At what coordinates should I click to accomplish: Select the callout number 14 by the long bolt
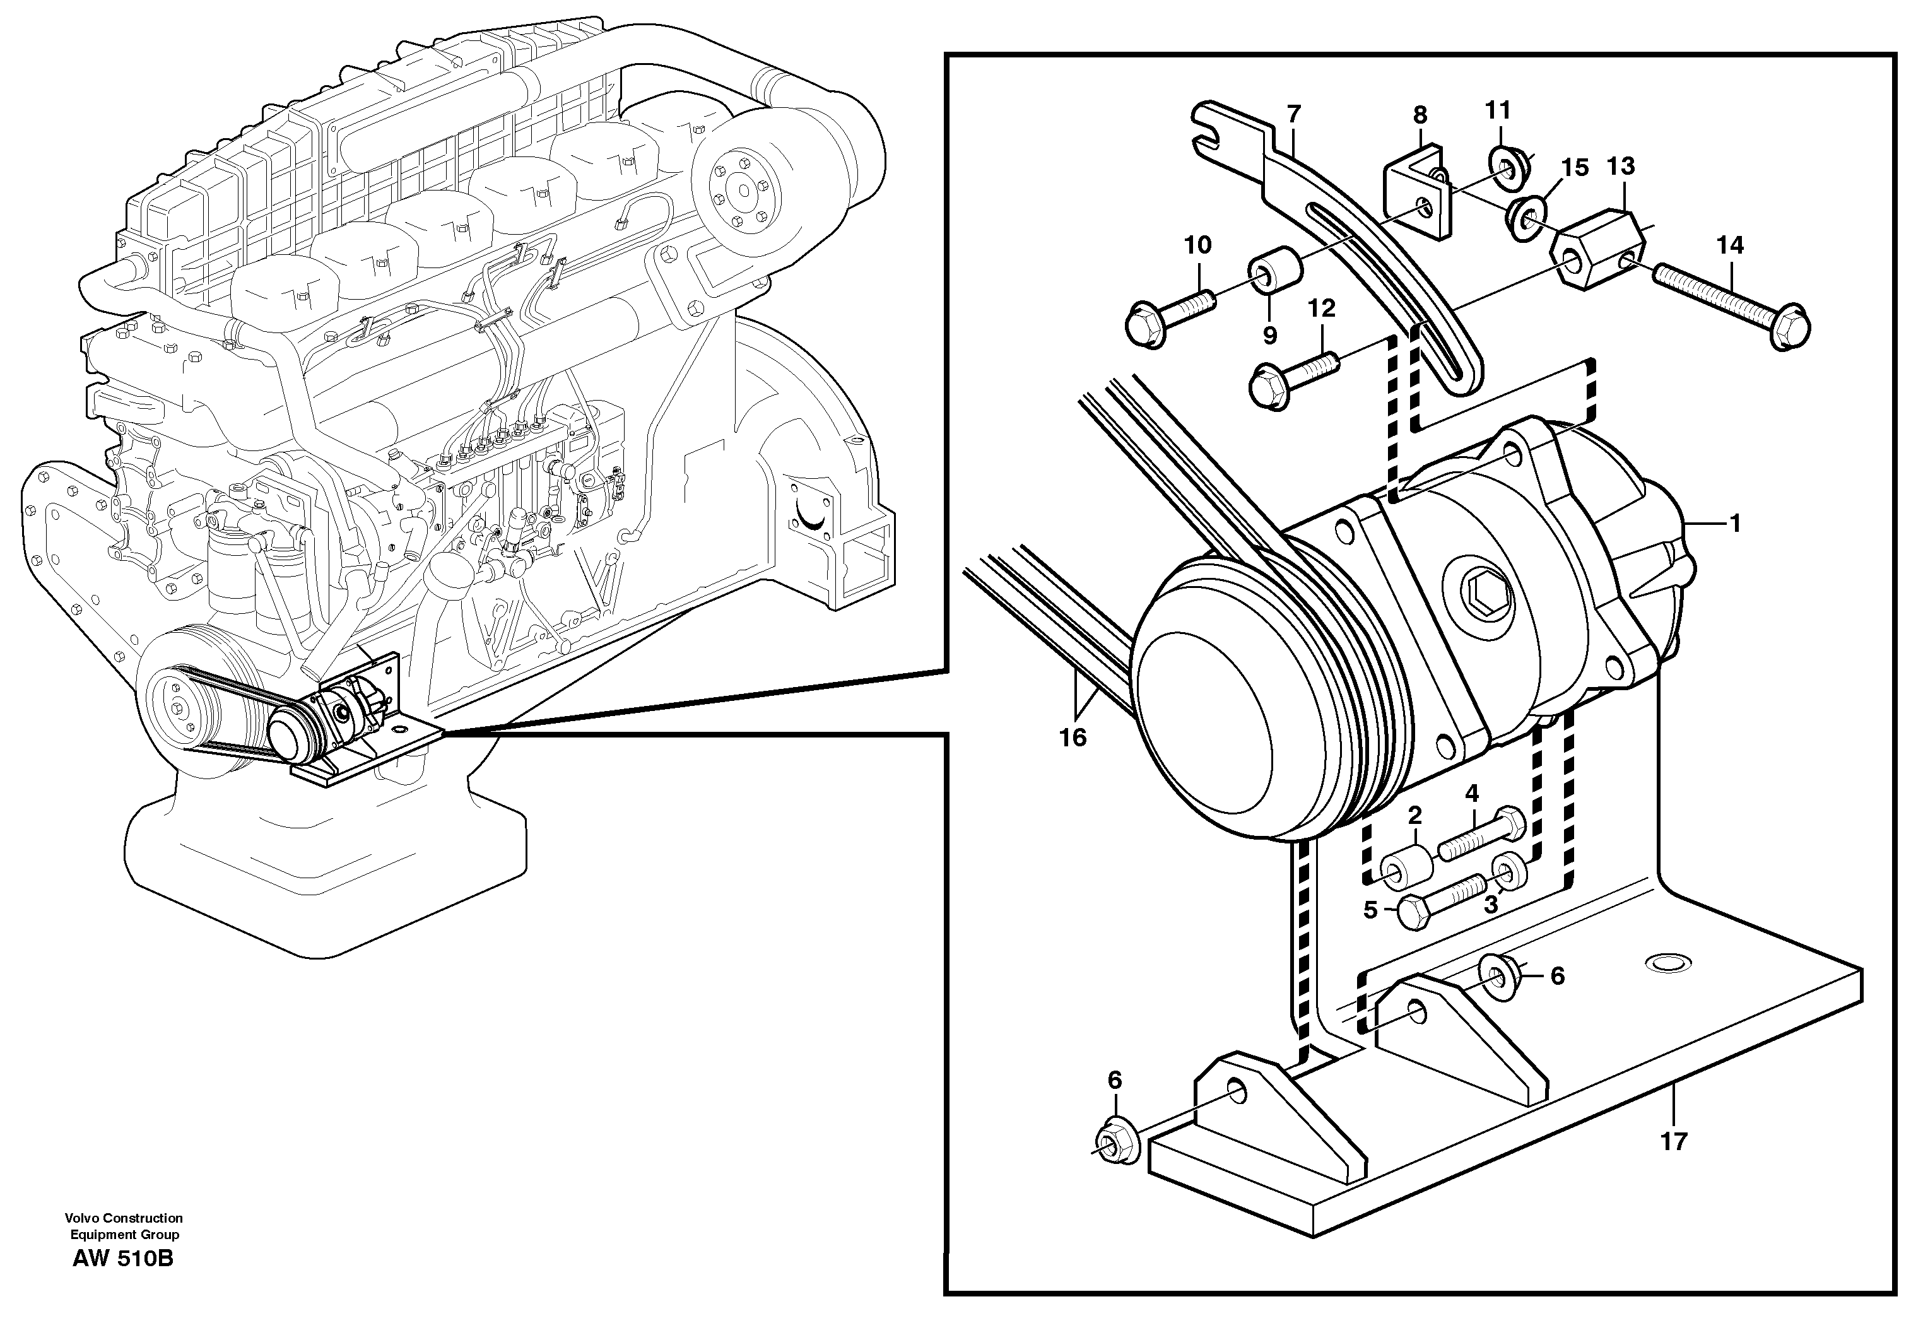point(1730,245)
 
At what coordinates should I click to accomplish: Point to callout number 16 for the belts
point(1073,737)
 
